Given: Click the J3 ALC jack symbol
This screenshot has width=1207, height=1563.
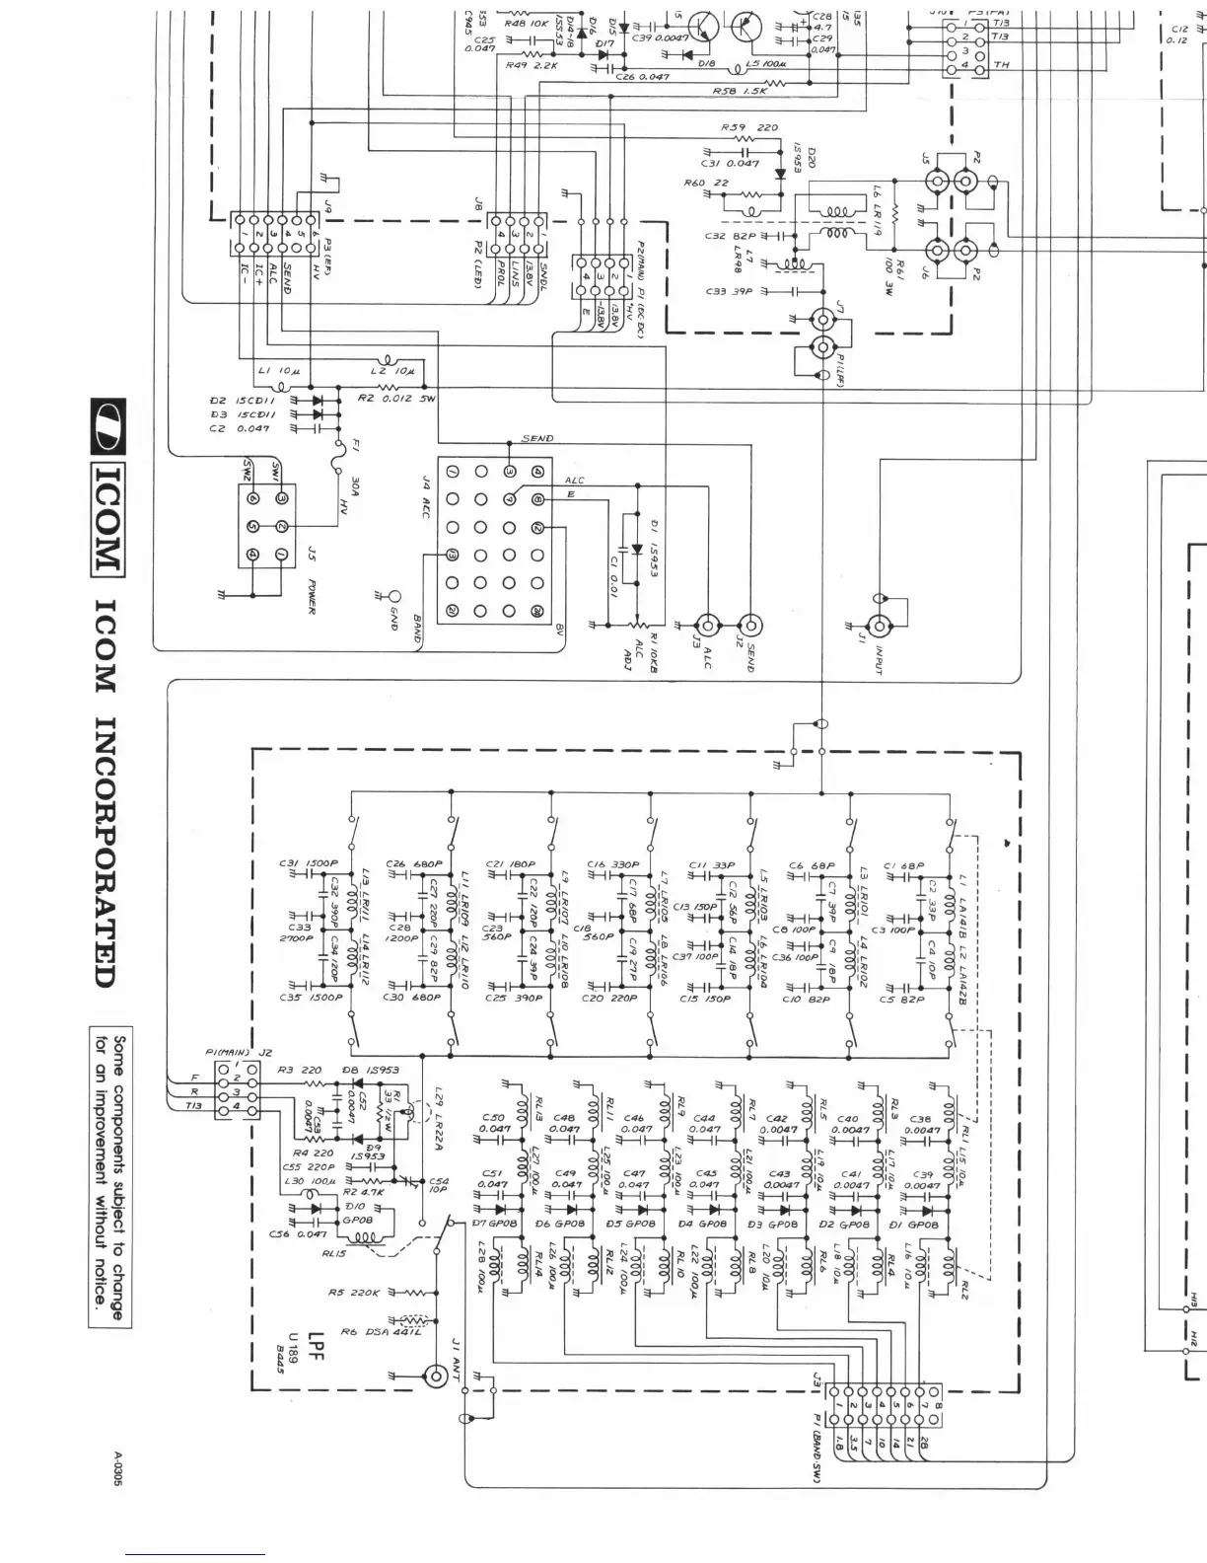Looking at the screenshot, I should pyautogui.click(x=706, y=625).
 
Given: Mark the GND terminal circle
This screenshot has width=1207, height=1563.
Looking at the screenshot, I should pyautogui.click(x=395, y=597).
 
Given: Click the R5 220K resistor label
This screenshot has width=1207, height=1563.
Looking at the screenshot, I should pyautogui.click(x=353, y=1292).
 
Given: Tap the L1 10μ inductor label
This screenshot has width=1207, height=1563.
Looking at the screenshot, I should pyautogui.click(x=270, y=371).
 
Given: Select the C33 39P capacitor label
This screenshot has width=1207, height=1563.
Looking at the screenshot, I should pyautogui.click(x=730, y=291).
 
